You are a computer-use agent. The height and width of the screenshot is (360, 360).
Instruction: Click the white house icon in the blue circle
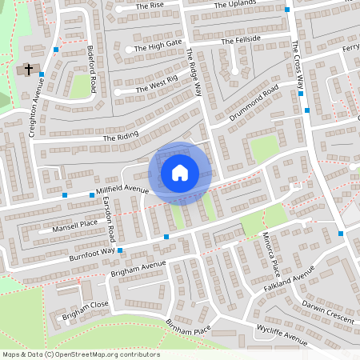point(180,173)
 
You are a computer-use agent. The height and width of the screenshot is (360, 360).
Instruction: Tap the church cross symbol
point(29,70)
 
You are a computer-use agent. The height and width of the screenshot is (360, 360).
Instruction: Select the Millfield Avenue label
point(122,190)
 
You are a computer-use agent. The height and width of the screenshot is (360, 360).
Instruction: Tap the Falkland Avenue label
point(294,286)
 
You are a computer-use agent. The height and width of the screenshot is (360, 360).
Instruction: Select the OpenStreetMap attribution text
point(80,354)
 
